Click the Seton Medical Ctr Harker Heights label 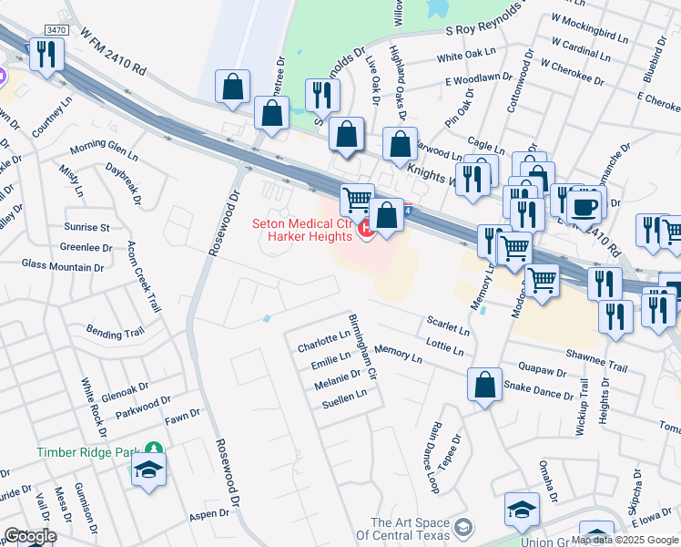(301, 230)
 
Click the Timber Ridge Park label (90, 452)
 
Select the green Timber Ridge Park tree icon (155, 449)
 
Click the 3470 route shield (56, 30)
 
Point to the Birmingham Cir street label (364, 347)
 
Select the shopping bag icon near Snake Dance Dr (484, 385)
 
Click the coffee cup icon (584, 206)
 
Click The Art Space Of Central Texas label (411, 528)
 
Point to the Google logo (30, 536)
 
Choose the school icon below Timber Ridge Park (147, 472)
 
